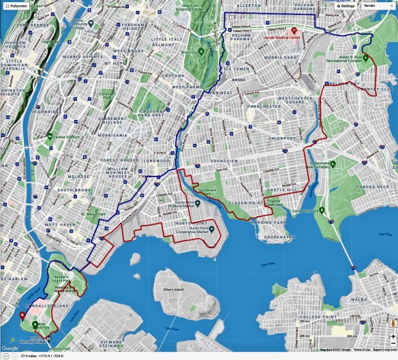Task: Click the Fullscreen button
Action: pyautogui.click(x=16, y=5)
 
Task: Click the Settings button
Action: pyautogui.click(x=346, y=5)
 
